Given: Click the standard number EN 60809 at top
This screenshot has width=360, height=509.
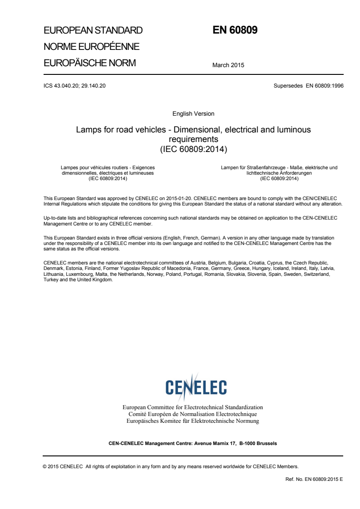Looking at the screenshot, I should tap(235, 30).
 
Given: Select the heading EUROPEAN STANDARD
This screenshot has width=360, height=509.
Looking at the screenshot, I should tap(93, 31).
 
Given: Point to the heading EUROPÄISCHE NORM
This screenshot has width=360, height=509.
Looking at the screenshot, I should tap(89, 63).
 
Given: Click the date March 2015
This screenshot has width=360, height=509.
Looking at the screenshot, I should tap(228, 65).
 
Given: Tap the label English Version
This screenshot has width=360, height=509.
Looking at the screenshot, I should tap(193, 113).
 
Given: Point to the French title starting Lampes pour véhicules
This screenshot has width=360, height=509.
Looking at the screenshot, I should tap(108, 173).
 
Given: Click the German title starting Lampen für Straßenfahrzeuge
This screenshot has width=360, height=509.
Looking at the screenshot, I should tap(279, 173).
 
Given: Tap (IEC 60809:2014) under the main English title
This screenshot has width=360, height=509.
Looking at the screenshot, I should tap(193, 148).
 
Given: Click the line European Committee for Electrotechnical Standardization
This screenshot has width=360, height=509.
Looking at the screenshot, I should tap(193, 407).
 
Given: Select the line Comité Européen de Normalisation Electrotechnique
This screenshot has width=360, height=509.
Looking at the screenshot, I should tap(193, 414).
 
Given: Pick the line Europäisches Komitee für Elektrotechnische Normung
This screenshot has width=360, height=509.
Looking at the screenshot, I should tap(193, 421).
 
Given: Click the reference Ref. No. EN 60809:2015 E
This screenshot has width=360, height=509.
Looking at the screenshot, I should tap(314, 479).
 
